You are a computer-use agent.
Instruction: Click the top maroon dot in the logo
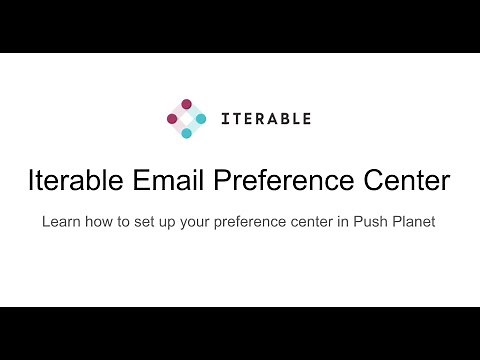[186, 104]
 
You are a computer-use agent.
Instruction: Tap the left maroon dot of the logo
[172, 118]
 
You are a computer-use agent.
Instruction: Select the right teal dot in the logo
[201, 118]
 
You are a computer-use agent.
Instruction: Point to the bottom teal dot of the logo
[186, 133]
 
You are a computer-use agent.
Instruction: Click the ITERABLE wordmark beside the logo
[264, 118]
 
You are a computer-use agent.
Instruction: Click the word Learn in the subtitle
[61, 221]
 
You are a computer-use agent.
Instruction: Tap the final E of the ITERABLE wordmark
[306, 118]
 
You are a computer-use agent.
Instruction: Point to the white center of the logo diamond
[186, 118]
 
